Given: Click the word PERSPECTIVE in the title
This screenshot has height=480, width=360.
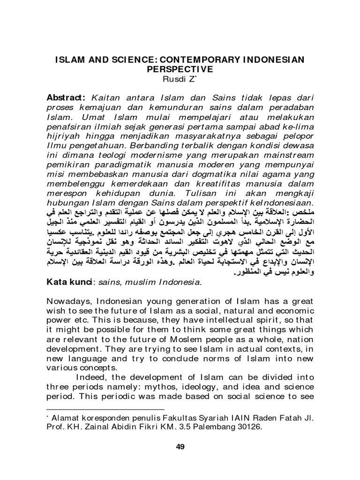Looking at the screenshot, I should click(x=180, y=68).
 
